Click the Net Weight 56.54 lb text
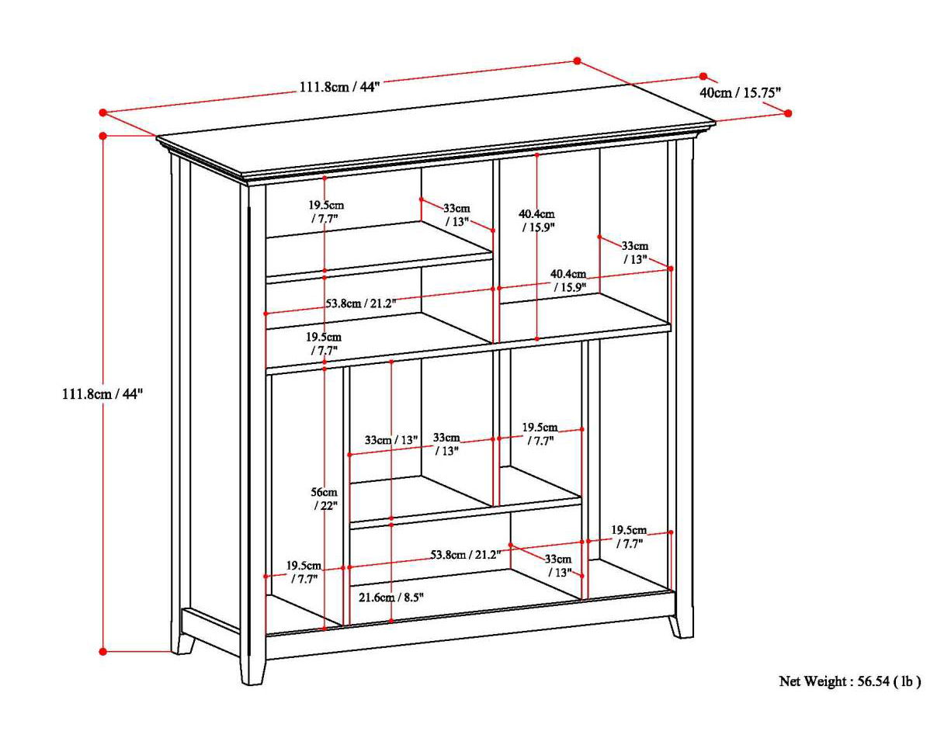tap(849, 681)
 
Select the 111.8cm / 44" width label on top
tap(339, 86)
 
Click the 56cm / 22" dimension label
tap(325, 499)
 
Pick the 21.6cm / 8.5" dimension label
tap(391, 597)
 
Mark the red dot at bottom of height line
tap(103, 651)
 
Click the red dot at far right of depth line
tap(788, 113)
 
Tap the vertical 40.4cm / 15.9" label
tap(537, 220)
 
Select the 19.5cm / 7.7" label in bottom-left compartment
tap(304, 572)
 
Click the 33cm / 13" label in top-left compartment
tap(456, 214)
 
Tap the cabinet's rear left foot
tap(185, 643)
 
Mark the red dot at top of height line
tap(103, 136)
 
